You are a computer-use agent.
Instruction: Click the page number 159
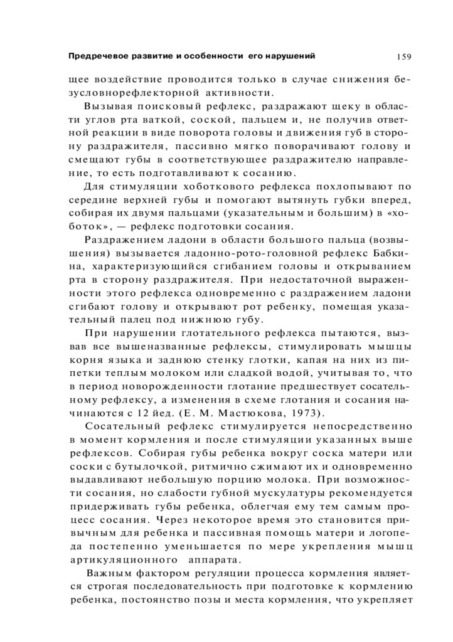(x=403, y=57)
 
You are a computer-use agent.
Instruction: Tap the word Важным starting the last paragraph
(x=108, y=574)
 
